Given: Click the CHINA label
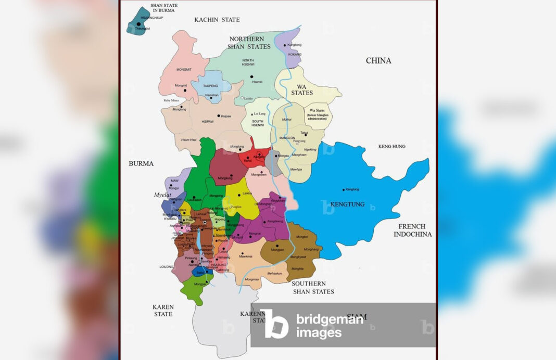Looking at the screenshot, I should tap(378, 61).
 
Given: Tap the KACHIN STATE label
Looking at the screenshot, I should tap(217, 20).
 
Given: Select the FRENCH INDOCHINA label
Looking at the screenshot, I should tap(412, 230).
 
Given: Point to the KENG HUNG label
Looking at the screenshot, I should tap(391, 147).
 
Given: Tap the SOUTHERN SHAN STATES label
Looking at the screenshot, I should tap(312, 288).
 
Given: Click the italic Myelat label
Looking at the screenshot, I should tap(162, 195).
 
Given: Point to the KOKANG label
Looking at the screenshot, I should tap(295, 54).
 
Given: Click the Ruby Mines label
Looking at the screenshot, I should tap(171, 100).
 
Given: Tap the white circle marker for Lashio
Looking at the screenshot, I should tap(242, 98).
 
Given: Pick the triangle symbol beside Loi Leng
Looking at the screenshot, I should tap(252, 113).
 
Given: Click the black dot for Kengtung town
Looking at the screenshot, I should tap(344, 189).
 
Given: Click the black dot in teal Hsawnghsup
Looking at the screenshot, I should tap(138, 24).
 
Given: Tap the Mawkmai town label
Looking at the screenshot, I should tap(246, 256).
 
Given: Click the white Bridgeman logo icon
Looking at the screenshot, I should tap(274, 324).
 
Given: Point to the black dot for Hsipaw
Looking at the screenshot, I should tap(218, 116).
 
